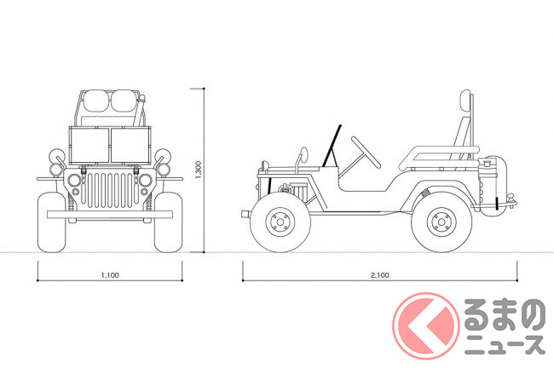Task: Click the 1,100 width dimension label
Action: [x=110, y=275]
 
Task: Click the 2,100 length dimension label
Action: [x=380, y=275]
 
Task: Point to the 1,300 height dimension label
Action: [x=199, y=170]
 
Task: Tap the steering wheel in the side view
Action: [x=366, y=153]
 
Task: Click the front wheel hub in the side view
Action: [x=280, y=222]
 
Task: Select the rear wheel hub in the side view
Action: [x=441, y=222]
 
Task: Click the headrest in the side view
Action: [x=465, y=102]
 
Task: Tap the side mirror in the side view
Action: [x=303, y=154]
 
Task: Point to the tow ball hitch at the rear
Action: [x=511, y=198]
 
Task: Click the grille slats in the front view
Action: [x=110, y=190]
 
